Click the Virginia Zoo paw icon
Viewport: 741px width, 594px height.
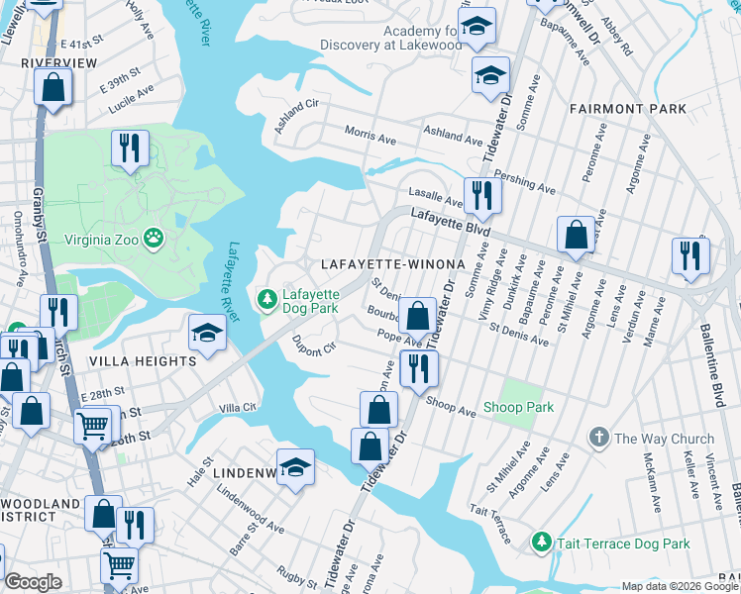154,238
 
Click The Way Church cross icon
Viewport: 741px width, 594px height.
598,438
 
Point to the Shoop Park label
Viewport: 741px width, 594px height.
518,407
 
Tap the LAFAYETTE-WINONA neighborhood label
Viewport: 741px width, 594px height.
392,264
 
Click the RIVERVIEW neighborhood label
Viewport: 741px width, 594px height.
58,62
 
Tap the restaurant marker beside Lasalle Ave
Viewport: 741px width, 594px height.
482,195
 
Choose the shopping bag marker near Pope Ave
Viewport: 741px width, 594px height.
418,317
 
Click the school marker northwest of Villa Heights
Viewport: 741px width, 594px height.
207,334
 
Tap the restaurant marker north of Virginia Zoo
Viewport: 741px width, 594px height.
130,148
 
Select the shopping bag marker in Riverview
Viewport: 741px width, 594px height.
53,86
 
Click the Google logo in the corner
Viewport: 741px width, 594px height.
33,582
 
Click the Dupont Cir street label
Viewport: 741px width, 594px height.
315,347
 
